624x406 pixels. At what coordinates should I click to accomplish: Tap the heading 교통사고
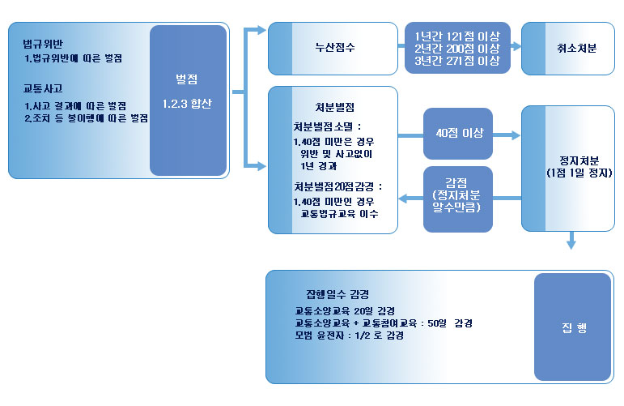tap(44, 89)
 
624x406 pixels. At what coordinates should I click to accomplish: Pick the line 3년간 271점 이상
tap(456, 61)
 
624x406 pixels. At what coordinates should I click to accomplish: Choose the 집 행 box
tap(572, 327)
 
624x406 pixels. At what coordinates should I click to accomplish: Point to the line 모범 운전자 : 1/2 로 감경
tap(350, 335)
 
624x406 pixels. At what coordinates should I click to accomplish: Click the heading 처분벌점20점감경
tap(337, 186)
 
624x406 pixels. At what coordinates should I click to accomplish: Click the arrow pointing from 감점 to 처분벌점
tap(414, 198)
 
